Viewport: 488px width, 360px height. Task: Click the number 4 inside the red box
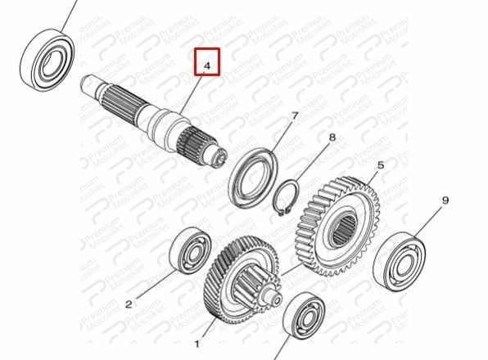[207, 65]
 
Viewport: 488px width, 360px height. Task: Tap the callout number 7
[295, 116]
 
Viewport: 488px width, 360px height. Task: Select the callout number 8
[332, 137]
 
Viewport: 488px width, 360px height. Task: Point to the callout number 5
[381, 165]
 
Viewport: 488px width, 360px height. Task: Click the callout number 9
[445, 200]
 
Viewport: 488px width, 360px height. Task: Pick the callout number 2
[129, 304]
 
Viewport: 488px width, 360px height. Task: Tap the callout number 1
[197, 344]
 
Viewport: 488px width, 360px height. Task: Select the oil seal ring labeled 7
[253, 178]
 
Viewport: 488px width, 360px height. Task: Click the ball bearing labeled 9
[400, 261]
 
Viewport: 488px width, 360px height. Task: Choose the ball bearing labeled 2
[190, 250]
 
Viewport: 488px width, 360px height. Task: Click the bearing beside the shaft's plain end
[47, 60]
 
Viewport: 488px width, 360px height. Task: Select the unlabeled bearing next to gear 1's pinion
[305, 316]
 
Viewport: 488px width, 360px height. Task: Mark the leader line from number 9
[427, 222]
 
